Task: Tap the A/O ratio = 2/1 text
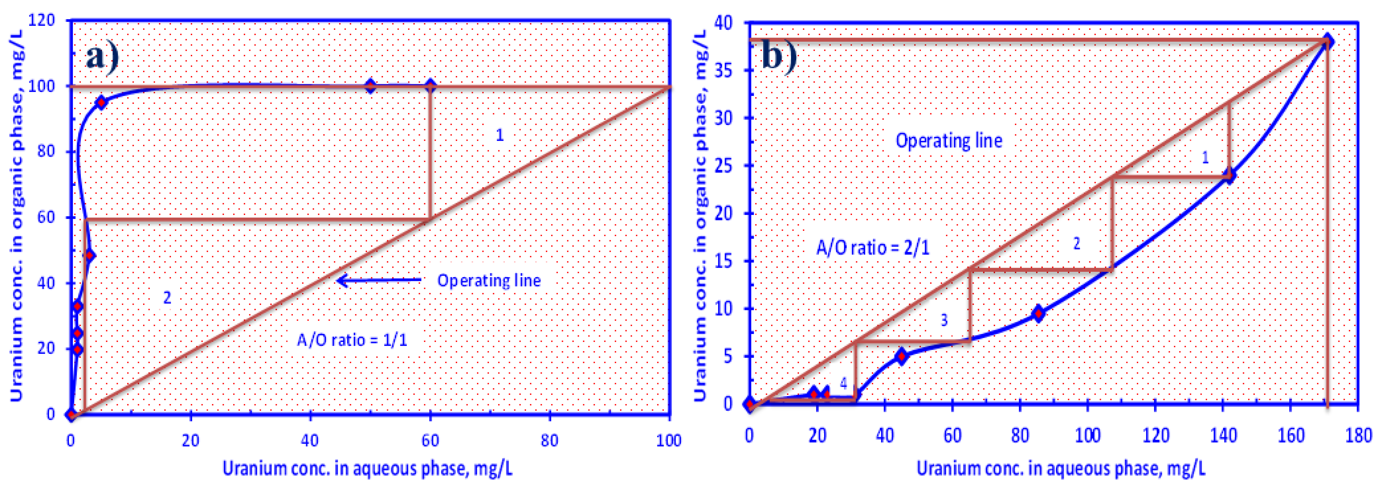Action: (873, 248)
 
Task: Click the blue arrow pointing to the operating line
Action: (378, 280)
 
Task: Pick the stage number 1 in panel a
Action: (499, 135)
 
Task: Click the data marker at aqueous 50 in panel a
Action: (370, 86)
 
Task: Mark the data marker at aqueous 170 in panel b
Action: (1327, 41)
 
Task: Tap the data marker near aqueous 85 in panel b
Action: (1038, 314)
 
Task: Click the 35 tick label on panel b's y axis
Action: (723, 71)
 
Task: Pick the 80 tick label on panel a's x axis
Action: (550, 441)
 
